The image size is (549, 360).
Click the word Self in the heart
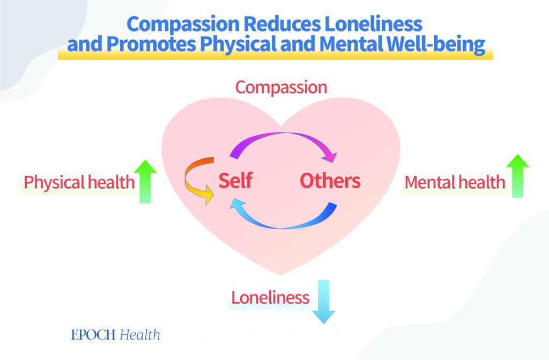[x=235, y=180]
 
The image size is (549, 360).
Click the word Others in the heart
[x=330, y=180]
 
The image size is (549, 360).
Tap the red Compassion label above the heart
[x=281, y=87]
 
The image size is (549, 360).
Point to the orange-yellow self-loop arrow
[x=187, y=180]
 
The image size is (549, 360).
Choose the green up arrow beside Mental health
[x=517, y=176]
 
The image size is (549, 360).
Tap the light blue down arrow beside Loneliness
[x=323, y=302]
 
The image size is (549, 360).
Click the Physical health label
[x=79, y=182]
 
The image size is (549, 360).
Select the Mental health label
[x=455, y=182]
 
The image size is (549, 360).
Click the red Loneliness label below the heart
[x=270, y=298]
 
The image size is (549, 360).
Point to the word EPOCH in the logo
[x=93, y=335]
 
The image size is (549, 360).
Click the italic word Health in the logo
[x=140, y=335]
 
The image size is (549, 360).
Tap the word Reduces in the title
[x=282, y=24]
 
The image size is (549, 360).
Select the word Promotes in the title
[x=151, y=44]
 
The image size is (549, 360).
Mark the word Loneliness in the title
[x=373, y=24]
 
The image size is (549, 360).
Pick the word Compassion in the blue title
[x=183, y=25]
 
